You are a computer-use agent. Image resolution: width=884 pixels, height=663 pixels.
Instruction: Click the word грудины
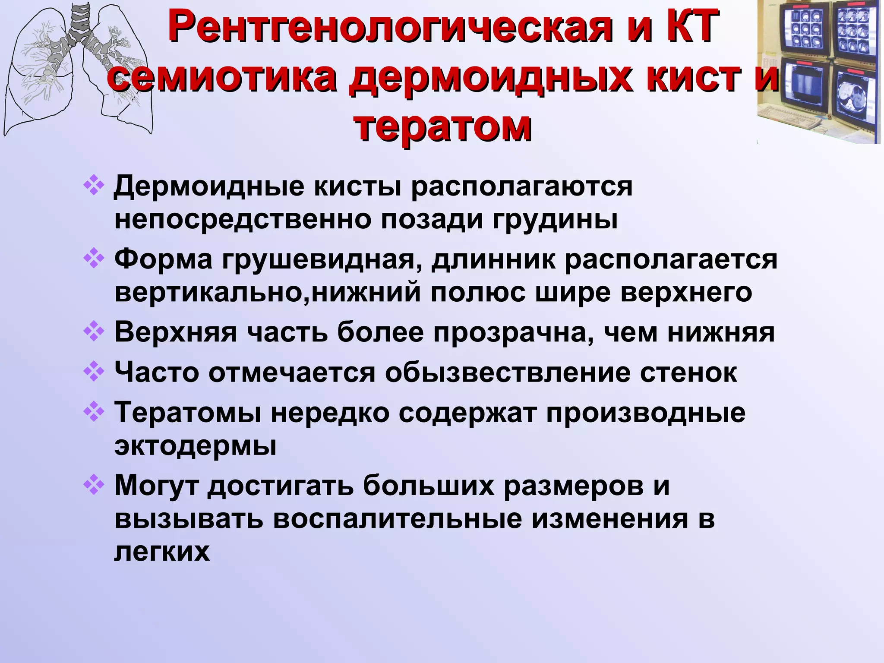555,219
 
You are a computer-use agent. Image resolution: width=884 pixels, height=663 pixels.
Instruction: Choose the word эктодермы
195,445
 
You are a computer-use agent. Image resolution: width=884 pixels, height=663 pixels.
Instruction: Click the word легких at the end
162,552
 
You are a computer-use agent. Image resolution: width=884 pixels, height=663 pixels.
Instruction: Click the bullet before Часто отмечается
93,372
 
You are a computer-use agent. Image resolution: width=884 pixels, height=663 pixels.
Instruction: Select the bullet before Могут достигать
93,486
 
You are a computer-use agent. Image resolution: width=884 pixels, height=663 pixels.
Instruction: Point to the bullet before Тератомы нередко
93,412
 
